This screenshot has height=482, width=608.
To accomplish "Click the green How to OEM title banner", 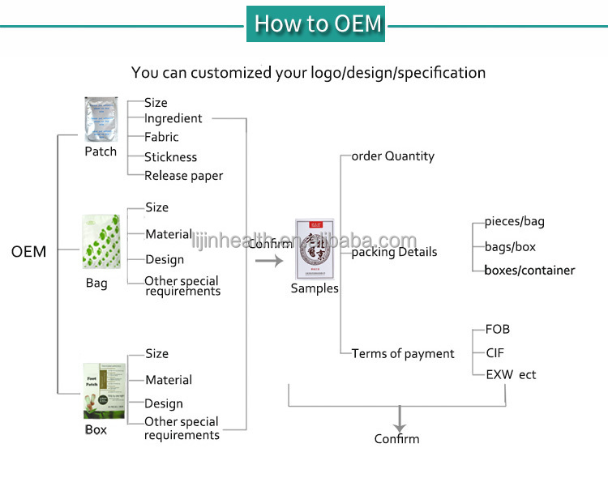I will point(315,23).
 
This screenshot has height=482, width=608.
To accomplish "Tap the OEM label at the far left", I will point(28,252).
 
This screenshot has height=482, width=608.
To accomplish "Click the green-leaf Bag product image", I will point(101,243).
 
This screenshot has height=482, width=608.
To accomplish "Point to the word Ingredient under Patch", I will point(173,118).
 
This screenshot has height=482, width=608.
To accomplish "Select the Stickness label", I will point(170,157).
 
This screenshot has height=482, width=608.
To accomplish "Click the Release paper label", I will point(183,176).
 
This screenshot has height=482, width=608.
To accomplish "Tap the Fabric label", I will point(161,137).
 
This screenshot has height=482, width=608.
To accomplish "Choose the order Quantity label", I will point(392,156).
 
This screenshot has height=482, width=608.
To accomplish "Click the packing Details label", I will point(394,252).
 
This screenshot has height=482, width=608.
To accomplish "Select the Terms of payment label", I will point(403,353).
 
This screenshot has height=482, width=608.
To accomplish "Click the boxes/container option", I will point(529,270).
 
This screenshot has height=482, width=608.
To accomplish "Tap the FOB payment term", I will point(497,330).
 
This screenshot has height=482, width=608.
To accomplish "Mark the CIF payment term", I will point(495,352).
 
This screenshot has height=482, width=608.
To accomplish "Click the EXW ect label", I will point(511,374).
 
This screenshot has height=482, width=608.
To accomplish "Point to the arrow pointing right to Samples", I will point(268,261).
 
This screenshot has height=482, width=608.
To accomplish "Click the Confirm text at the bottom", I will point(396,438).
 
